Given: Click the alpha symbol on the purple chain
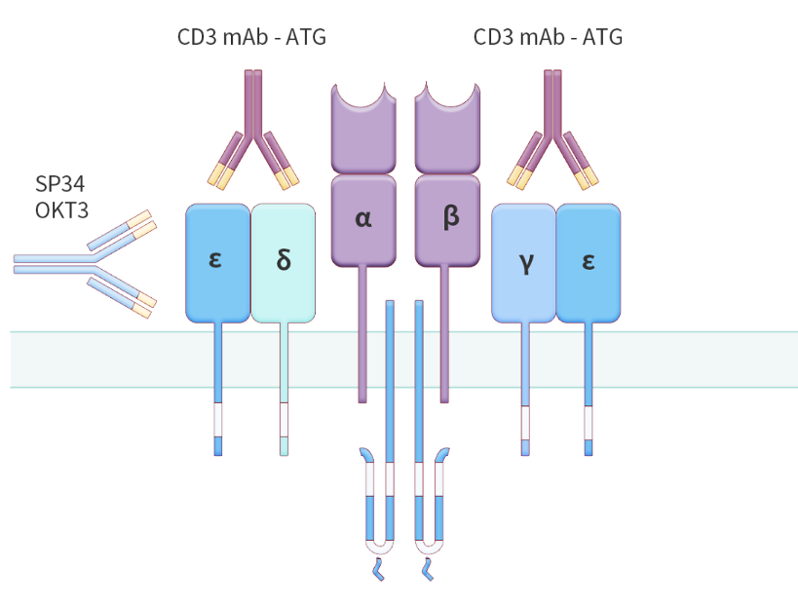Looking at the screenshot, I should click(363, 219).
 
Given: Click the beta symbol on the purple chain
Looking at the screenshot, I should click(449, 218).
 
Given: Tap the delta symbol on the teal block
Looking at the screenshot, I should click(284, 263).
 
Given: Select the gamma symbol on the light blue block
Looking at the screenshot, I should click(526, 262).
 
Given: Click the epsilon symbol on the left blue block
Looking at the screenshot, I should click(216, 260).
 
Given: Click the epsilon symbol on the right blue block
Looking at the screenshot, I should click(588, 262).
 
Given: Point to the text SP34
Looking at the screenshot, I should click(60, 185).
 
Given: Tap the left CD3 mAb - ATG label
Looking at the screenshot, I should click(250, 38).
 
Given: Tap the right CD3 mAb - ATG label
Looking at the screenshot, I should click(548, 38).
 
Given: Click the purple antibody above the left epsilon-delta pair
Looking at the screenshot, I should click(253, 127).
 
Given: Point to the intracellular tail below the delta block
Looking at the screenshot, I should click(284, 409).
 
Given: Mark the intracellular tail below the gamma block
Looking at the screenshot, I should click(525, 409).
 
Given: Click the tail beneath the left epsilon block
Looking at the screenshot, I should click(218, 409).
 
